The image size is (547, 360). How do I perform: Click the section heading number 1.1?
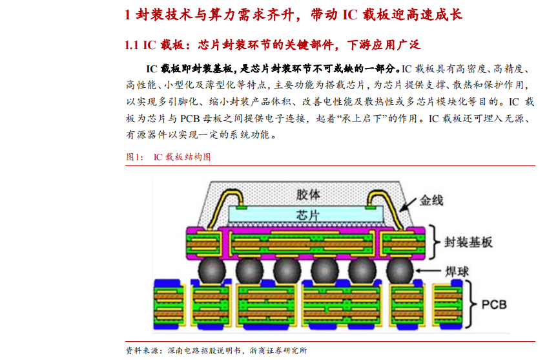coord(132,45)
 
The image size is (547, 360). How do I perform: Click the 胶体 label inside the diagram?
coord(307,195)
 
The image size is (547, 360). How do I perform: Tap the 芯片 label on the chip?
coord(307,215)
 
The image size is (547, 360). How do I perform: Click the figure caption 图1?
coord(133,156)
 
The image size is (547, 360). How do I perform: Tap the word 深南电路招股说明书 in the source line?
coord(204,350)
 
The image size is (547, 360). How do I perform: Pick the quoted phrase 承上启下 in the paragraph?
coord(362,119)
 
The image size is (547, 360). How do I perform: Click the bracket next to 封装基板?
coord(437,241)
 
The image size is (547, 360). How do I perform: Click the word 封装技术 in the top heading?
coord(158,14)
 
